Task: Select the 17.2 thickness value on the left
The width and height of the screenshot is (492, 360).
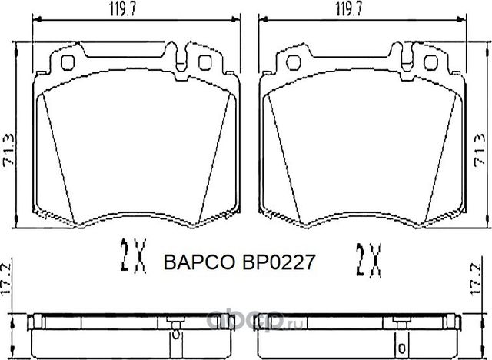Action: coord(8,275)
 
